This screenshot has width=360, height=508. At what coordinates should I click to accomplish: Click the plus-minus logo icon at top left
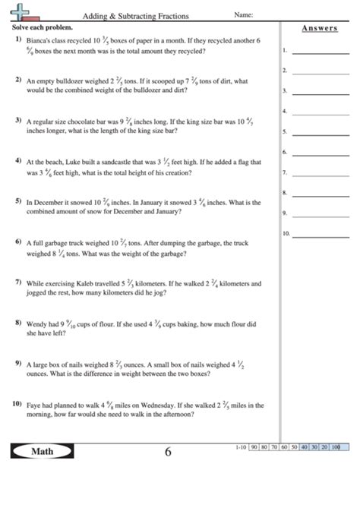(24, 13)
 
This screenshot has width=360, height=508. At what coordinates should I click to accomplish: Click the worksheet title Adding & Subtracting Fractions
(136, 15)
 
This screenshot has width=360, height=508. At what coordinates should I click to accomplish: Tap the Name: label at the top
(243, 14)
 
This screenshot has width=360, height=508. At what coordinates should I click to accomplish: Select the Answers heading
(319, 28)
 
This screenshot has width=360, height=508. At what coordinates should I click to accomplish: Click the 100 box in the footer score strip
(335, 447)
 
